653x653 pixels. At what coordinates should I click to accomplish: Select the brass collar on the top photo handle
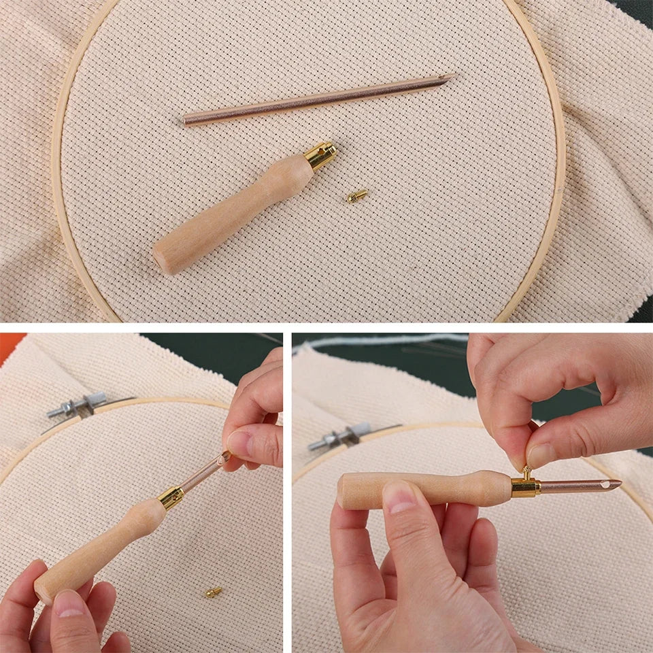tap(320, 155)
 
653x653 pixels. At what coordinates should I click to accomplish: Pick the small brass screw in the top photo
tap(356, 196)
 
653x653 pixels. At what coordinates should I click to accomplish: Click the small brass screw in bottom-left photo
tap(214, 592)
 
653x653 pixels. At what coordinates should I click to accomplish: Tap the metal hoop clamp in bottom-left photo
tap(75, 406)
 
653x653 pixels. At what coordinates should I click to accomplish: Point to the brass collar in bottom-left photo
tap(171, 497)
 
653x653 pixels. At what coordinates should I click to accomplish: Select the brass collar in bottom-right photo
tap(525, 486)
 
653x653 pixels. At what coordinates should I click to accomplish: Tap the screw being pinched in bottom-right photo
tap(526, 471)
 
